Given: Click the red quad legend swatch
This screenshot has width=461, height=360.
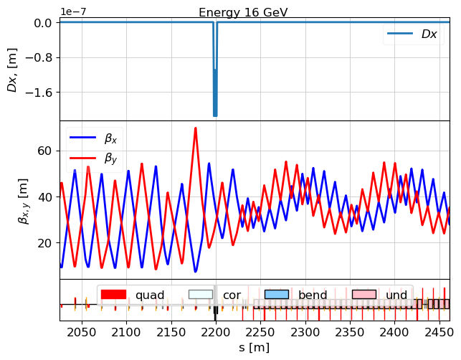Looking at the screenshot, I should (113, 295).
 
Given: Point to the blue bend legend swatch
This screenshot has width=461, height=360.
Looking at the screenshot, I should (276, 295).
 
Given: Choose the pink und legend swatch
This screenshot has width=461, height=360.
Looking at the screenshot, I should (364, 295).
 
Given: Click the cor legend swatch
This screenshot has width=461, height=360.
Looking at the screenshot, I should (201, 295).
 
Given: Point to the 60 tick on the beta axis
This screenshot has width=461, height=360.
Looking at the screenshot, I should (45, 151).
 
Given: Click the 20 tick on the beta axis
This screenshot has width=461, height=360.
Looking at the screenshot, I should (45, 242).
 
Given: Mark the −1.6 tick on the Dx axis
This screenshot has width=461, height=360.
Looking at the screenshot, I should (39, 93).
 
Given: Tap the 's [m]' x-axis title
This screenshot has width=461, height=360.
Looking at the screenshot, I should (254, 348).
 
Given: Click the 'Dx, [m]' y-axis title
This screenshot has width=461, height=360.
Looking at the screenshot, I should (13, 70).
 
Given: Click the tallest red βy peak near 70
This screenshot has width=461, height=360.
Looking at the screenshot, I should (195, 128).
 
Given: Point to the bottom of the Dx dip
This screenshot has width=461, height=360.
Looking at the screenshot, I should (214, 115).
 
